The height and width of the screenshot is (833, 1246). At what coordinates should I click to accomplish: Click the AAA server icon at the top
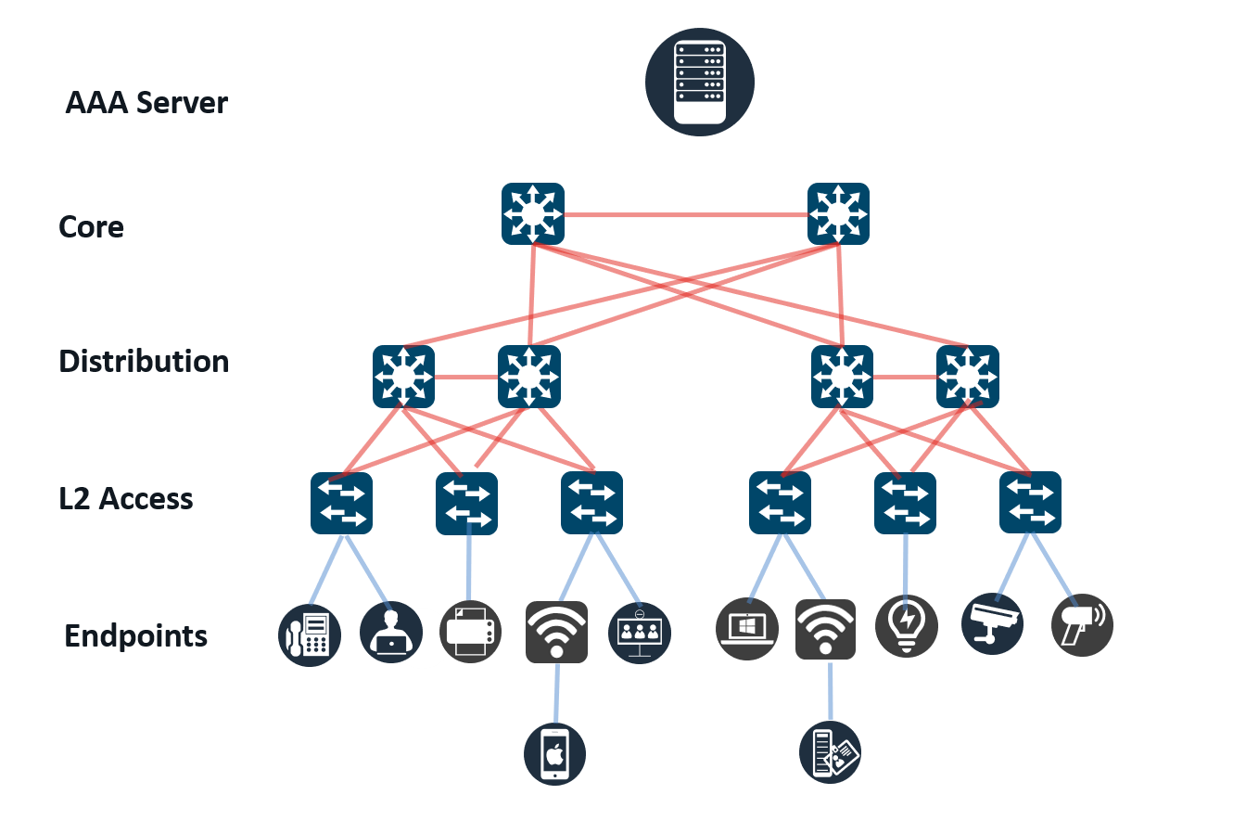[700, 83]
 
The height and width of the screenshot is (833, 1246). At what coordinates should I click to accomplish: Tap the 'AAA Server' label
[146, 103]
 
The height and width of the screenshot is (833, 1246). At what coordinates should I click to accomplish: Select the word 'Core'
[91, 227]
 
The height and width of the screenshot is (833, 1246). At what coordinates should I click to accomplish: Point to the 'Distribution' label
[144, 362]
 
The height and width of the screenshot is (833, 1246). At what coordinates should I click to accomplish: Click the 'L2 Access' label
[126, 499]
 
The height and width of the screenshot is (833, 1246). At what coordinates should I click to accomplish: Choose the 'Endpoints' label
[135, 636]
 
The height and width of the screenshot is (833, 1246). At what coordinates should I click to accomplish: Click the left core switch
[533, 214]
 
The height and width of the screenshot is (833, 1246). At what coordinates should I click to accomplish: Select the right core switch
[838, 214]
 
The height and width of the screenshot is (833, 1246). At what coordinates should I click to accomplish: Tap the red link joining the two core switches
[686, 215]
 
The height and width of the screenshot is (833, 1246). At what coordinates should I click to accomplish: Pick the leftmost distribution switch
[403, 377]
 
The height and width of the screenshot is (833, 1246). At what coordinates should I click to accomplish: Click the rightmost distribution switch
[967, 377]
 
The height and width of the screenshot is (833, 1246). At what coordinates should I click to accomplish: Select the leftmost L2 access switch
[341, 504]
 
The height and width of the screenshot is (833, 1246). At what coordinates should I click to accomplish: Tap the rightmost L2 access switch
[1030, 504]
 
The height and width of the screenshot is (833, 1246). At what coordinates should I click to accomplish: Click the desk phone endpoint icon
[310, 634]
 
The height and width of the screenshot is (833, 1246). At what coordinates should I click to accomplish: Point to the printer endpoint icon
[471, 633]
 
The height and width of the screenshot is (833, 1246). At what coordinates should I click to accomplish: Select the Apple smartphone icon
[554, 754]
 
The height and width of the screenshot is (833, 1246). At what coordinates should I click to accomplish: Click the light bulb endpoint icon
[907, 626]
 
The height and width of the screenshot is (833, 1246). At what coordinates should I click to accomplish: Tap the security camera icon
[992, 623]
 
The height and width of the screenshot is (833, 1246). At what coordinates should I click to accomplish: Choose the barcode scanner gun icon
[1082, 624]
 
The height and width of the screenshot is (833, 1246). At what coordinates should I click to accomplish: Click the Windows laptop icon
[747, 630]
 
